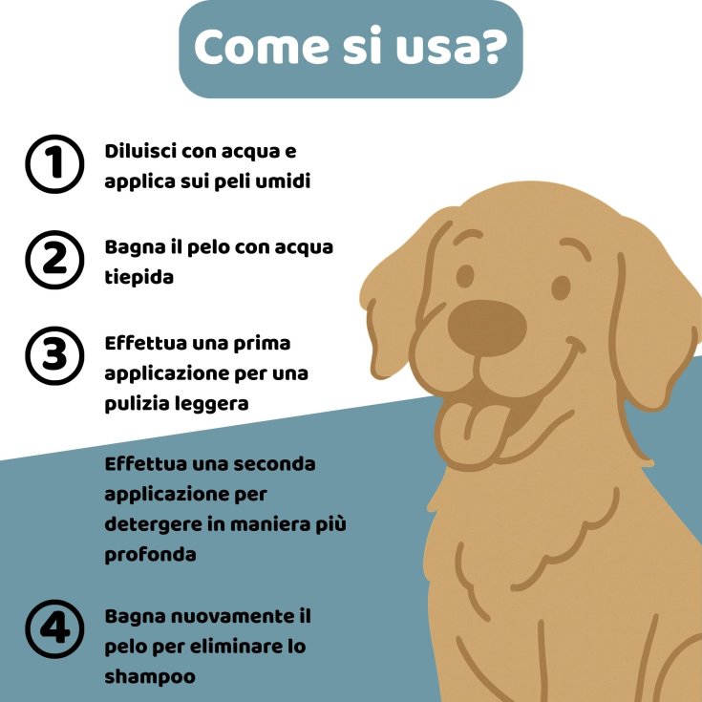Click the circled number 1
pyautogui.click(x=54, y=164)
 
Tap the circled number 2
pyautogui.click(x=54, y=260)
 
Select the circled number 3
pyautogui.click(x=54, y=356)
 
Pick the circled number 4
pyautogui.click(x=54, y=629)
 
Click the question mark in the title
pyautogui.click(x=493, y=45)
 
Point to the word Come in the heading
pyautogui.click(x=262, y=46)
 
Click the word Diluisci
pyautogui.click(x=140, y=151)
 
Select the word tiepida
pyautogui.click(x=138, y=278)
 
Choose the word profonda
pyautogui.click(x=151, y=556)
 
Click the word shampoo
pyautogui.click(x=150, y=677)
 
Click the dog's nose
pyautogui.click(x=487, y=329)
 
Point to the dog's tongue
pyautogui.click(x=470, y=433)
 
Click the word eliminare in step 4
pyautogui.click(x=229, y=647)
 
